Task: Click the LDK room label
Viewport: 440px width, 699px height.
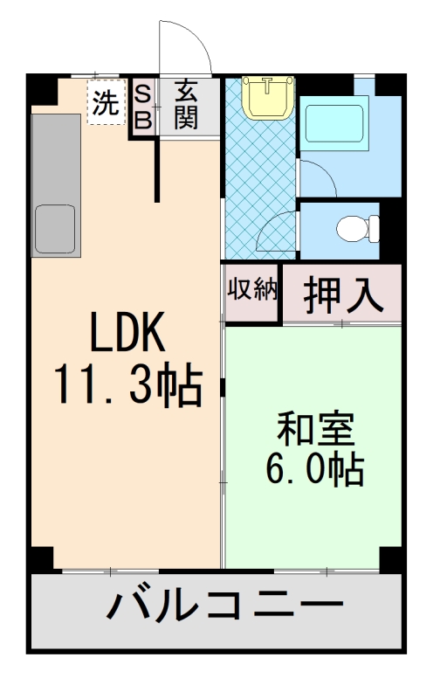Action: pos(126,334)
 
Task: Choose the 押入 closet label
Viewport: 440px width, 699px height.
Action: pos(343,295)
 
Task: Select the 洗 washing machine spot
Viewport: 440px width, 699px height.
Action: pos(105,104)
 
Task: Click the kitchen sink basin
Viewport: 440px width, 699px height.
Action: pos(55,229)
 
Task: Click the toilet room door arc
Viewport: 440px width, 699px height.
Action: pos(279,229)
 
